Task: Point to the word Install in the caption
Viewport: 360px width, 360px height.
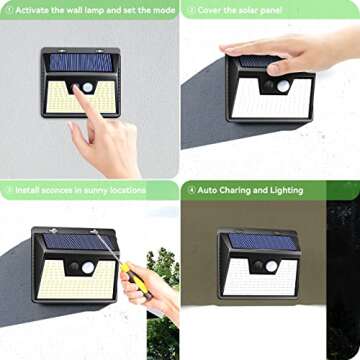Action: tap(26, 189)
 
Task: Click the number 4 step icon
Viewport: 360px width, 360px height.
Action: tap(188, 189)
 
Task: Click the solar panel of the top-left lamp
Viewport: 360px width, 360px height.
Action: tap(80, 62)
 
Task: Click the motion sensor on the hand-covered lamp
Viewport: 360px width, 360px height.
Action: tap(282, 87)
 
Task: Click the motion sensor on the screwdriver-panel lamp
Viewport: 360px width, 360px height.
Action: tap(88, 268)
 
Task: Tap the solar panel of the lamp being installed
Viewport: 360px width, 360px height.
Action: tap(75, 242)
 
